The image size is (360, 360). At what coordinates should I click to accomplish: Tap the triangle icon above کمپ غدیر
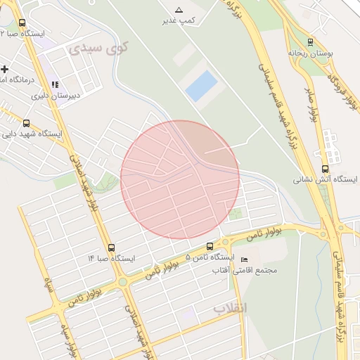tap(179, 11)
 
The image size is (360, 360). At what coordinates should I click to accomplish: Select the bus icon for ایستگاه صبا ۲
tap(22, 23)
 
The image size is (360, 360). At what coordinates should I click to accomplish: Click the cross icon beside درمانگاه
tap(6, 69)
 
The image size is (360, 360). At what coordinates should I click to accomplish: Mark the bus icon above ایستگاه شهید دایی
tap(27, 122)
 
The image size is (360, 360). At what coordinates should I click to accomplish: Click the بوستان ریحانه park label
tap(310, 53)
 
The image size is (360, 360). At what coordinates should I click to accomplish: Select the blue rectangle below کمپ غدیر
tap(201, 85)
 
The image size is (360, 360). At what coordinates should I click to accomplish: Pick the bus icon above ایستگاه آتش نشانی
tap(324, 168)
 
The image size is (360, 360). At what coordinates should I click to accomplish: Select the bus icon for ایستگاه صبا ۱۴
tap(112, 247)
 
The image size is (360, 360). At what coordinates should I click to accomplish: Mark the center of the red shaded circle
tap(180, 179)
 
